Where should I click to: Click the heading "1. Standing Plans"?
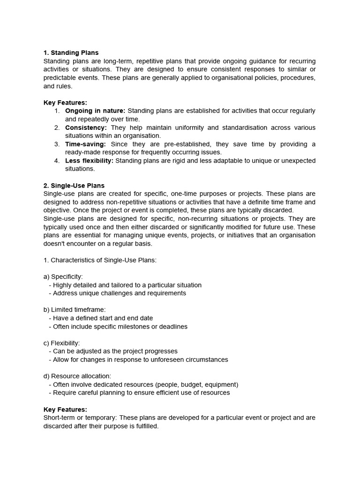coord(71,53)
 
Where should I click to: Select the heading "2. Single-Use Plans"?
coord(74,186)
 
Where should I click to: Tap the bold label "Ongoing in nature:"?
coord(95,111)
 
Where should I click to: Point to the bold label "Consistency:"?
coord(86,127)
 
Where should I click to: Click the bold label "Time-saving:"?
coord(85,144)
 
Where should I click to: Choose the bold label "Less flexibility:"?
coord(89,161)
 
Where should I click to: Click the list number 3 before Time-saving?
coord(57,144)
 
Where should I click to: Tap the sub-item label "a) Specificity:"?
coord(63,277)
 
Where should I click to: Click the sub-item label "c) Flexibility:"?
coord(61,343)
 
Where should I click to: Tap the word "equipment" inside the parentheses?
coord(220,384)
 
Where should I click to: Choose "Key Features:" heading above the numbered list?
coord(65,103)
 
